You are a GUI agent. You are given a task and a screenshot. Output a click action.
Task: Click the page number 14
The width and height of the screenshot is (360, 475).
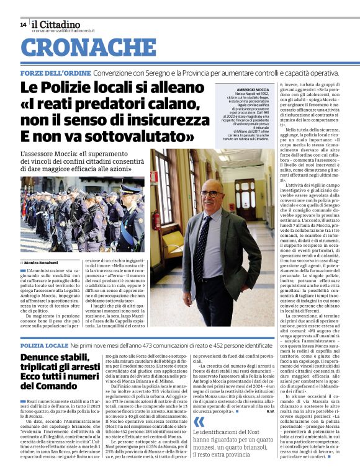pyautogui.click(x=23, y=25)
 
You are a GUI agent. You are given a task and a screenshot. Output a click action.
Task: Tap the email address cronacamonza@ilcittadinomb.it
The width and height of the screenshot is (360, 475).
pyautogui.click(x=65, y=30)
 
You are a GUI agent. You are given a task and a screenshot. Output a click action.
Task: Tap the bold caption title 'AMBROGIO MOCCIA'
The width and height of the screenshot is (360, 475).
pyautogui.click(x=236, y=90)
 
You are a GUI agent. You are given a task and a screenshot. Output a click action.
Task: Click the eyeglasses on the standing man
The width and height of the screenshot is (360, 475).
pyautogui.click(x=211, y=193)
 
